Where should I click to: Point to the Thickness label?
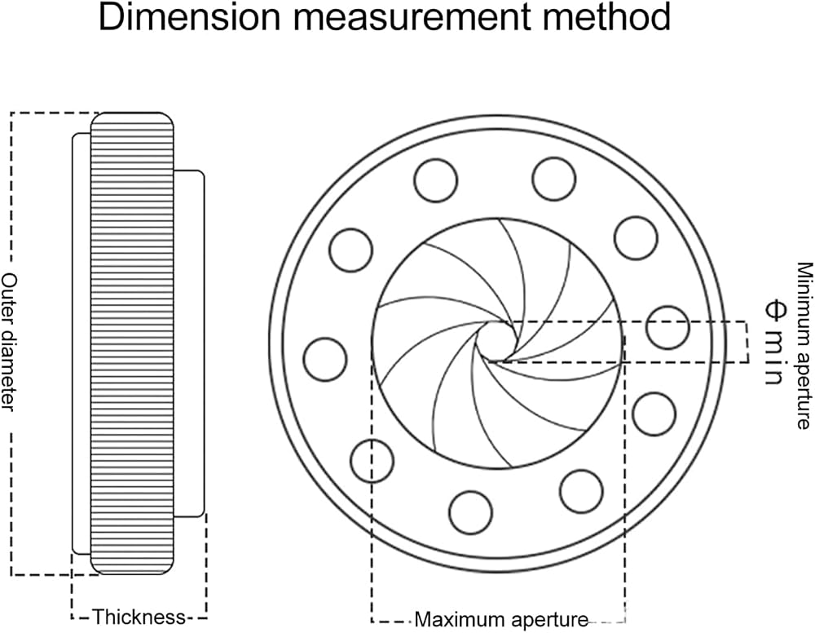click(139, 617)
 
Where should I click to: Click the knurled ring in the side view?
click(132, 343)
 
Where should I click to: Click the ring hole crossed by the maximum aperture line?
click(372, 461)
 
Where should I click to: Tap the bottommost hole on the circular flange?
click(470, 511)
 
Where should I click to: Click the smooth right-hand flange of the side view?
click(189, 343)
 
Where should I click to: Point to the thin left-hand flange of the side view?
click(81, 343)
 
